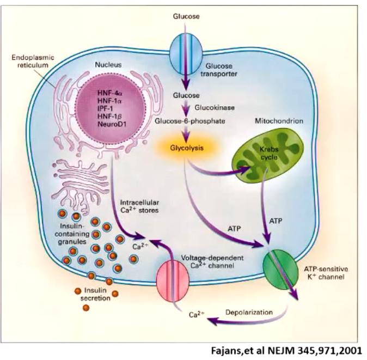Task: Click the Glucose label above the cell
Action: (x=186, y=16)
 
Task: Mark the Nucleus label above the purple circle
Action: (x=111, y=64)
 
